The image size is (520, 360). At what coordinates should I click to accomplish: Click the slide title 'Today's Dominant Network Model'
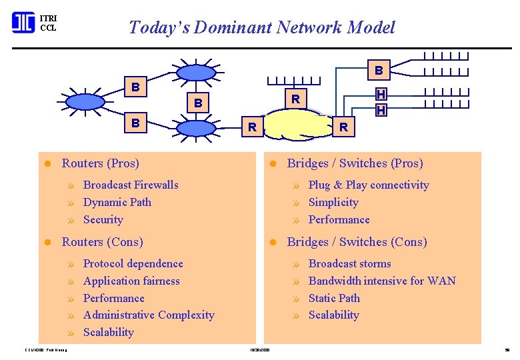261,27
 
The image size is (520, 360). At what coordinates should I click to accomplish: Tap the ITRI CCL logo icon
23,23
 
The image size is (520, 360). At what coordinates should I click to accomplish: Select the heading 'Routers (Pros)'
100,163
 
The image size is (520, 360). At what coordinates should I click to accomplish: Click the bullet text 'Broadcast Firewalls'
131,185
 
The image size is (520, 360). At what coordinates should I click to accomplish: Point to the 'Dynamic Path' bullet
117,203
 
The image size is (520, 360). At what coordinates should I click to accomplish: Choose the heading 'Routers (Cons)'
102,242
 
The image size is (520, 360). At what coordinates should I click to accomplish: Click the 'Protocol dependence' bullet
133,264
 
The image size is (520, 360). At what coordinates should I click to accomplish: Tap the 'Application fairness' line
131,281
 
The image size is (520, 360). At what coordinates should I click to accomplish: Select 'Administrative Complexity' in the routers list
149,315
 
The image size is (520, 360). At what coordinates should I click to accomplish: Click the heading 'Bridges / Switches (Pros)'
355,163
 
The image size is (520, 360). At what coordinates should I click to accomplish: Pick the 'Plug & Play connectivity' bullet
369,185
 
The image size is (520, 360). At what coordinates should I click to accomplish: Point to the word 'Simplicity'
333,203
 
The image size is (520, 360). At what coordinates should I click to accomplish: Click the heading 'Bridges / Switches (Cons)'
357,242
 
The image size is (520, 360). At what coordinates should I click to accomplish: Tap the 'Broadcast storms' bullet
350,264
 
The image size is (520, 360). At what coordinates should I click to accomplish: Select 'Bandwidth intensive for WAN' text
382,281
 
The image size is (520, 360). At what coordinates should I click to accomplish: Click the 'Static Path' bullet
334,299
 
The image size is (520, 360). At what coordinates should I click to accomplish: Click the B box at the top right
379,69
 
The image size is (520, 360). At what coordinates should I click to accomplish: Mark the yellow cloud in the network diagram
295,126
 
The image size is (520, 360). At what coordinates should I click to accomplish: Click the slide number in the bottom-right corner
507,349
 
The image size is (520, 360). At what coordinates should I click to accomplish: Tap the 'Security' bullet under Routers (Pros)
103,220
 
